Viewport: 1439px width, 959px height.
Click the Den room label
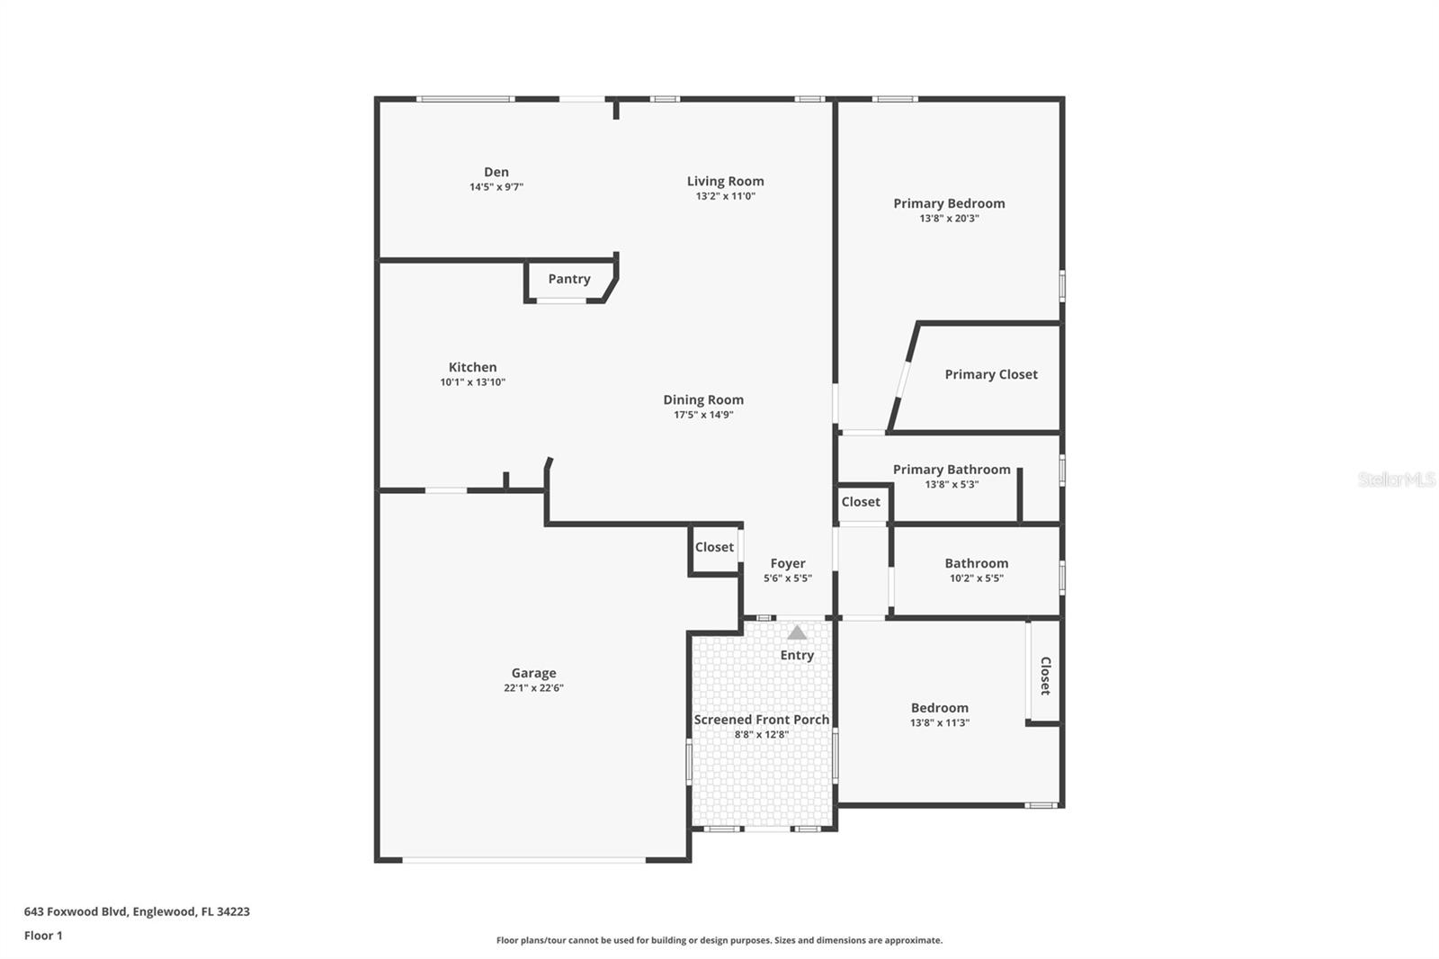(496, 172)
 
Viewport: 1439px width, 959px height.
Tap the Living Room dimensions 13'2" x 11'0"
(725, 196)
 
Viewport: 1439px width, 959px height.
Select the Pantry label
(569, 279)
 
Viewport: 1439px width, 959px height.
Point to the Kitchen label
(472, 367)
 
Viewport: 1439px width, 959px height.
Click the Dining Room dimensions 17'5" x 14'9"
(703, 415)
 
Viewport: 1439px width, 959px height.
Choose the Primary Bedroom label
(949, 203)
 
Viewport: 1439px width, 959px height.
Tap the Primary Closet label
(990, 374)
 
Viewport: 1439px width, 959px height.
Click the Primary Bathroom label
(952, 470)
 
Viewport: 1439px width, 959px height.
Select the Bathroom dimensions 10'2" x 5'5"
(976, 578)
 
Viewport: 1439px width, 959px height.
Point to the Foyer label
(788, 563)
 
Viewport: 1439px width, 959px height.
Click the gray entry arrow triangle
(797, 632)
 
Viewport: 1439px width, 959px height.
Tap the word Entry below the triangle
(797, 655)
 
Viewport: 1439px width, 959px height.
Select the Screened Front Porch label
(761, 720)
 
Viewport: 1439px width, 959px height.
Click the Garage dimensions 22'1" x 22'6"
(533, 688)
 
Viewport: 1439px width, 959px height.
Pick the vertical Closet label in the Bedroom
(1045, 676)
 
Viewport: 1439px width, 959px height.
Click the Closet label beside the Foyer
(714, 547)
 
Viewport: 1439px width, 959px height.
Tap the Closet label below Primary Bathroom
(861, 502)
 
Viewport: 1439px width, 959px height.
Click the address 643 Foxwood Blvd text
(137, 911)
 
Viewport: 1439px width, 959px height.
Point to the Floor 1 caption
(43, 936)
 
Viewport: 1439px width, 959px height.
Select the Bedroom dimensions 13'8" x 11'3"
(939, 723)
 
